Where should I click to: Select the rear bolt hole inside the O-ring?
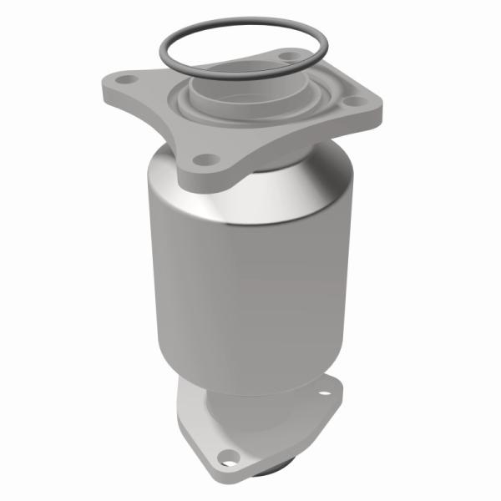pyautogui.click(x=288, y=56)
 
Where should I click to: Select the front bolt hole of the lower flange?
pyautogui.click(x=226, y=456)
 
